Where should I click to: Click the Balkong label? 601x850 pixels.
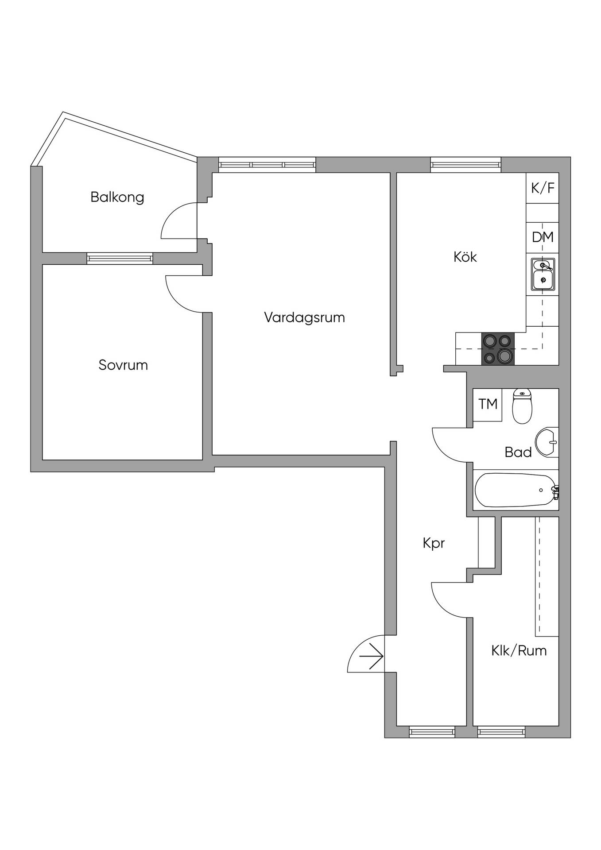[117, 197]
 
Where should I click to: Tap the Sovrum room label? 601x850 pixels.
[123, 365]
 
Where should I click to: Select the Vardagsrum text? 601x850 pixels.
[304, 317]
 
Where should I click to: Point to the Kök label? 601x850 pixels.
[465, 257]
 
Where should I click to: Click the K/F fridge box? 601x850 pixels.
[543, 188]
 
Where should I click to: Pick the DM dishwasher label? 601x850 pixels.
[543, 237]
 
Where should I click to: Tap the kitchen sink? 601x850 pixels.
[543, 274]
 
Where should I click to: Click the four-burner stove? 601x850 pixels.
[498, 349]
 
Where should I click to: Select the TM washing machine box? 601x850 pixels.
[488, 405]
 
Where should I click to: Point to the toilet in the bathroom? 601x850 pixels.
[522, 406]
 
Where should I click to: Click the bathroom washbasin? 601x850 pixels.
[547, 441]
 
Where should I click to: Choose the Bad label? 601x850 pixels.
[518, 452]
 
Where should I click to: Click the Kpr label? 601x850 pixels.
[434, 543]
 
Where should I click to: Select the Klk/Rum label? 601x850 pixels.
[519, 650]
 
